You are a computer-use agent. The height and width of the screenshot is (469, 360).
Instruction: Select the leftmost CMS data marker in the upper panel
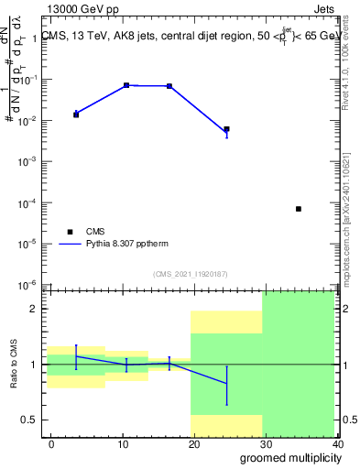pos(76,115)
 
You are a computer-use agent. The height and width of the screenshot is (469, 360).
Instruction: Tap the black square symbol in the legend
pos(69,232)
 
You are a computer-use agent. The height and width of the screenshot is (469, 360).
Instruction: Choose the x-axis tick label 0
pos(51,443)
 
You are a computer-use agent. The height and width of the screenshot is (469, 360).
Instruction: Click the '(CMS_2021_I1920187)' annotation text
pos(191,272)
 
